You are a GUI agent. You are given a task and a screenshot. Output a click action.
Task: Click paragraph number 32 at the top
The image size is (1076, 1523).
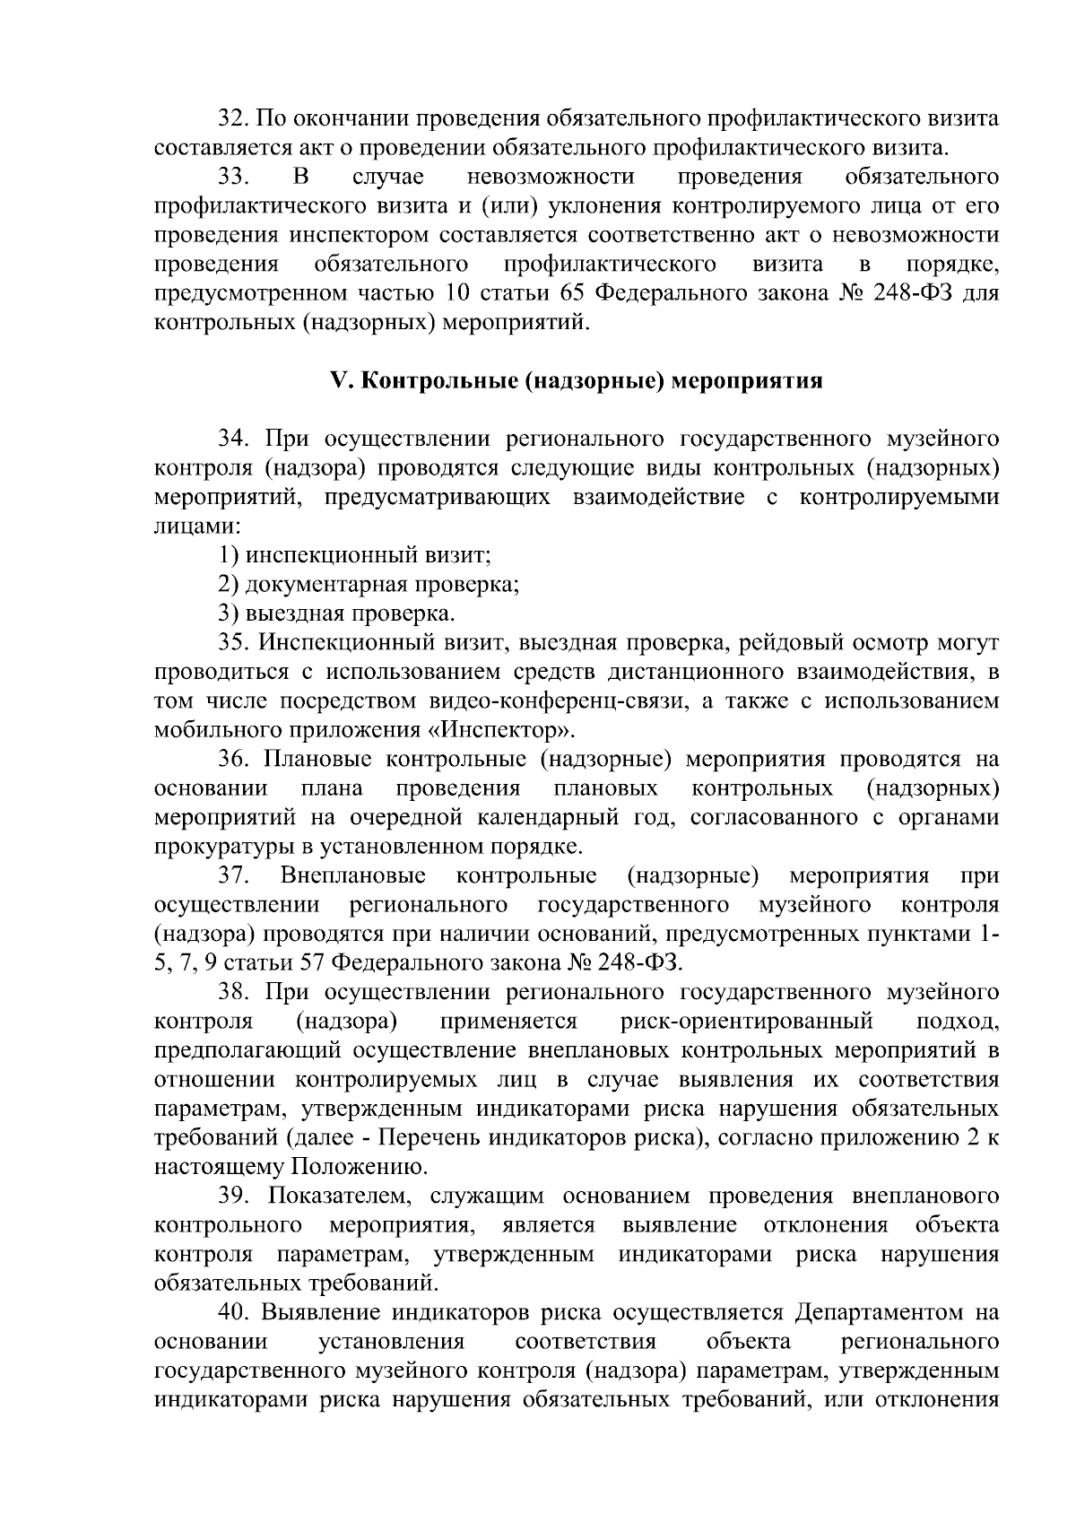tap(235, 118)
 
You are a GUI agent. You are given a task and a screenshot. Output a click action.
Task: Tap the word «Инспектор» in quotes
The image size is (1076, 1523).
tap(513, 730)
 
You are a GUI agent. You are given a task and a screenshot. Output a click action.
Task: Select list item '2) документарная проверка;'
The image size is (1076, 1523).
tap(369, 585)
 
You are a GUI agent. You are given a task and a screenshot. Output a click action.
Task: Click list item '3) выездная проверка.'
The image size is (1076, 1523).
tap(337, 614)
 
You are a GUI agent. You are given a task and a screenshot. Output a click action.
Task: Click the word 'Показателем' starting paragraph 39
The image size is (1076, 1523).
tap(338, 1197)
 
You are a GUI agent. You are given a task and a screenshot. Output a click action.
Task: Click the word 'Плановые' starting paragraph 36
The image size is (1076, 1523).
tap(318, 760)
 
